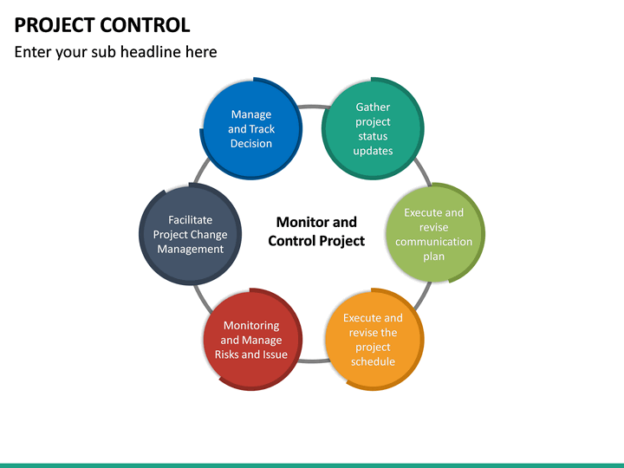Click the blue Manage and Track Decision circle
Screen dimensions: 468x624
pos(251,129)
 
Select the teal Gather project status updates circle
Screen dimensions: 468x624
pos(373,129)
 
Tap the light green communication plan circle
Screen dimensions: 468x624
pos(434,234)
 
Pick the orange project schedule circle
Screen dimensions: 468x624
pos(373,340)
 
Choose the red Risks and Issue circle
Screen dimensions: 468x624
pos(251,340)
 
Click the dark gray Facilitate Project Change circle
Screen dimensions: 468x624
pos(190,234)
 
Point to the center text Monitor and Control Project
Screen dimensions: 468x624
pos(316,231)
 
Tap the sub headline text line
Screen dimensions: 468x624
pos(115,52)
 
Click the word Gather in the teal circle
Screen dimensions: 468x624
pos(373,107)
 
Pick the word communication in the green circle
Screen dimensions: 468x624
pos(434,242)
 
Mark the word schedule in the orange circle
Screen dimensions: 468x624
pos(373,361)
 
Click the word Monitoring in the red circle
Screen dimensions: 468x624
pos(251,326)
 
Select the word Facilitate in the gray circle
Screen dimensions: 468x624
pos(190,220)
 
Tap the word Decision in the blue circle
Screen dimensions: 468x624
pos(251,144)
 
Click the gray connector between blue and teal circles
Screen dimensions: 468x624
pos(312,107)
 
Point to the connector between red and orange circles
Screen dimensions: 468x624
pos(312,360)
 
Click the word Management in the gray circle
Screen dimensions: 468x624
pos(190,250)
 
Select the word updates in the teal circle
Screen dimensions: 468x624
pos(373,151)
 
